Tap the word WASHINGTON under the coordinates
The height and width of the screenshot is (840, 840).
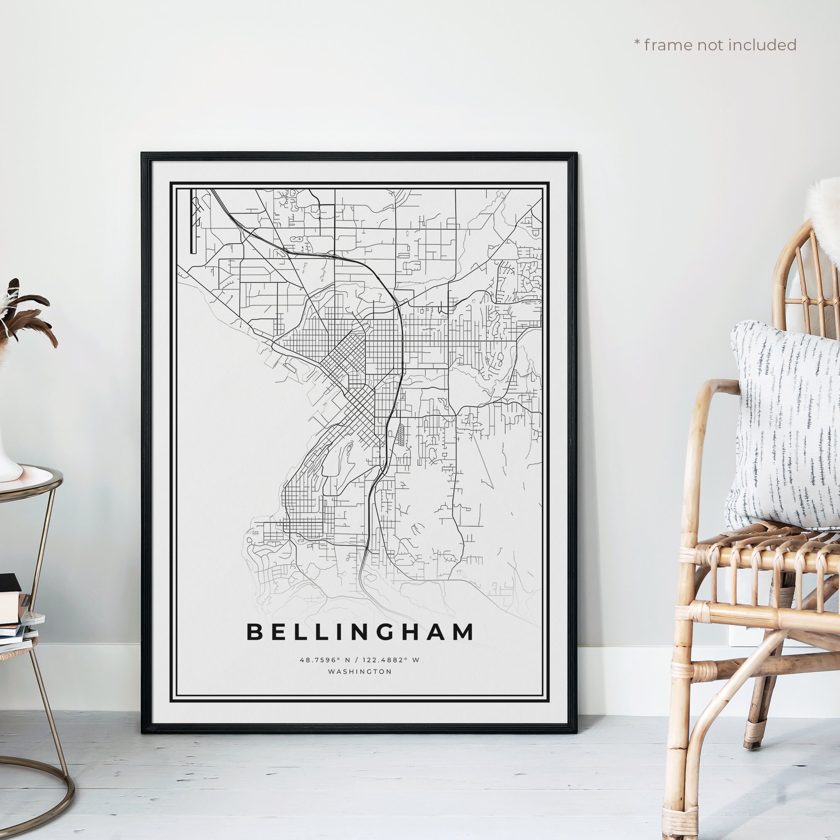360,672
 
